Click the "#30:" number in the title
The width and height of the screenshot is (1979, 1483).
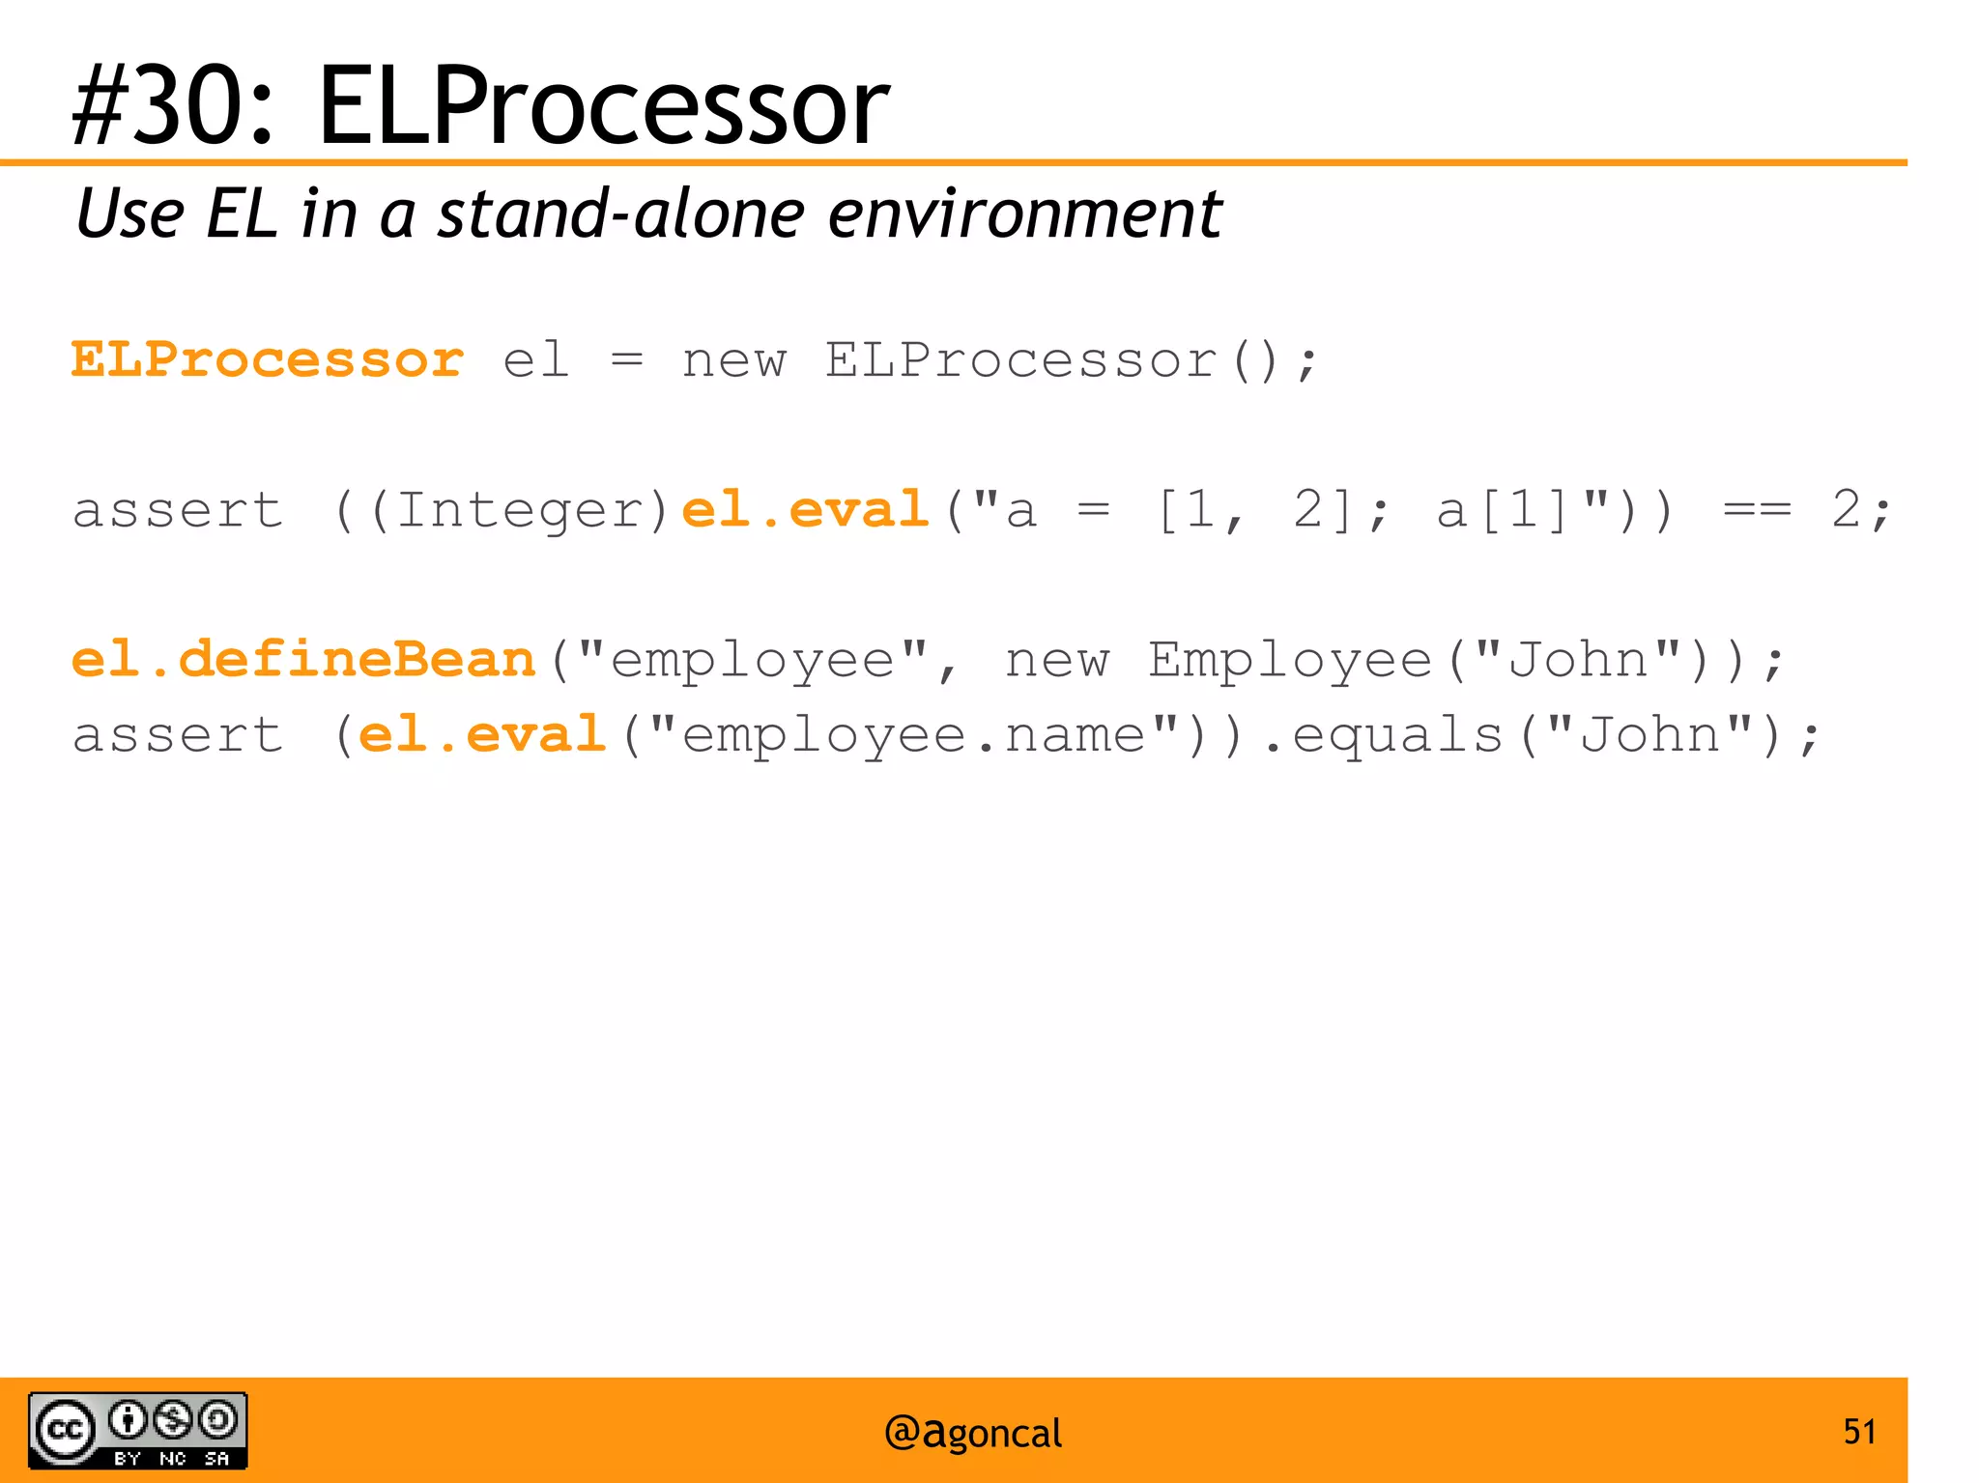point(173,104)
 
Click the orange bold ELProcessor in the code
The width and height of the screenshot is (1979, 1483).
point(268,360)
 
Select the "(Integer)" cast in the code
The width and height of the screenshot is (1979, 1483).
point(519,510)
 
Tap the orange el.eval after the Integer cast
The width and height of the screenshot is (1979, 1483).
point(805,509)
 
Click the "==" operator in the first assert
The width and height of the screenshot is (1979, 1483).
point(1757,510)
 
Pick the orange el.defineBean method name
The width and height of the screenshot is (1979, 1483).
point(303,659)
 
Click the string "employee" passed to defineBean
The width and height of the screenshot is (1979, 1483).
point(753,661)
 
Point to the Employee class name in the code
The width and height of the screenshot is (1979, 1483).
point(1290,661)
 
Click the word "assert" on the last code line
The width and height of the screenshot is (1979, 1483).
point(178,735)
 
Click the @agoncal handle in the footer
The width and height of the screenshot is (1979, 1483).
point(972,1433)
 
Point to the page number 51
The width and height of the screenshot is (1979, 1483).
point(1859,1431)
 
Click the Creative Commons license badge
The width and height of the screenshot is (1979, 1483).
point(138,1430)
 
